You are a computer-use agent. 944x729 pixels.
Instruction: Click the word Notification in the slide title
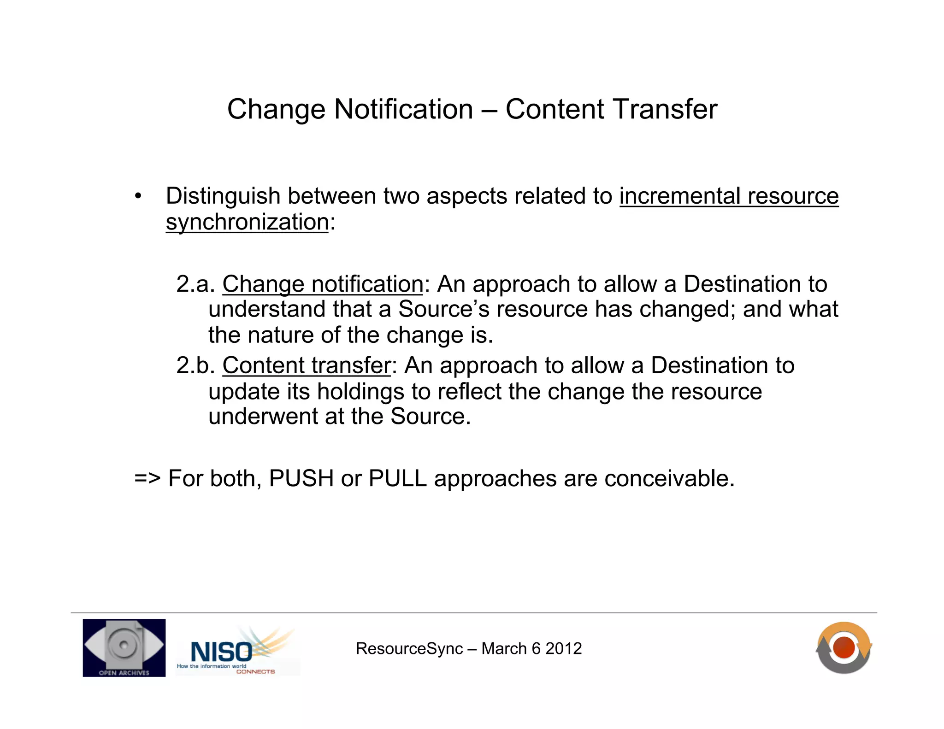pyautogui.click(x=403, y=109)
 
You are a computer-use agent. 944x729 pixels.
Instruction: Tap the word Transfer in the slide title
pyautogui.click(x=664, y=109)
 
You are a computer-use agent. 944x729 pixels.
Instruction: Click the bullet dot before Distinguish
pyautogui.click(x=138, y=197)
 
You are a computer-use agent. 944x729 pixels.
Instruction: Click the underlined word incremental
pyautogui.click(x=680, y=196)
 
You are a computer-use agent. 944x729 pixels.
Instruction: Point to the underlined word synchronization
pyautogui.click(x=247, y=222)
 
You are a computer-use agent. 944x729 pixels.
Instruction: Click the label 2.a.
pyautogui.click(x=195, y=284)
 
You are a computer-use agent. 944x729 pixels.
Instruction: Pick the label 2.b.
pyautogui.click(x=195, y=365)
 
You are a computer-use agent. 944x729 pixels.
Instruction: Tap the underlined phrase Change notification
pyautogui.click(x=323, y=284)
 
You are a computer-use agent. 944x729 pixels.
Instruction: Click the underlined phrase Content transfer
pyautogui.click(x=307, y=365)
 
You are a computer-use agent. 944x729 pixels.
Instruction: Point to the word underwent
pyautogui.click(x=263, y=417)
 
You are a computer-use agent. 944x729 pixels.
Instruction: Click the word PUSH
pyautogui.click(x=301, y=478)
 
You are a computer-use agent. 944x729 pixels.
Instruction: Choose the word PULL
pyautogui.click(x=397, y=478)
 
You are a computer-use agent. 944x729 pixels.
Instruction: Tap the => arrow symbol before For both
pyautogui.click(x=147, y=479)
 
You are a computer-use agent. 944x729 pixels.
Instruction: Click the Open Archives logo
pyautogui.click(x=124, y=647)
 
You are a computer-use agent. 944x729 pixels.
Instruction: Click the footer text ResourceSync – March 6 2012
pyautogui.click(x=468, y=649)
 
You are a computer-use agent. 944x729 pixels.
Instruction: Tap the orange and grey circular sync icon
pyautogui.click(x=844, y=647)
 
